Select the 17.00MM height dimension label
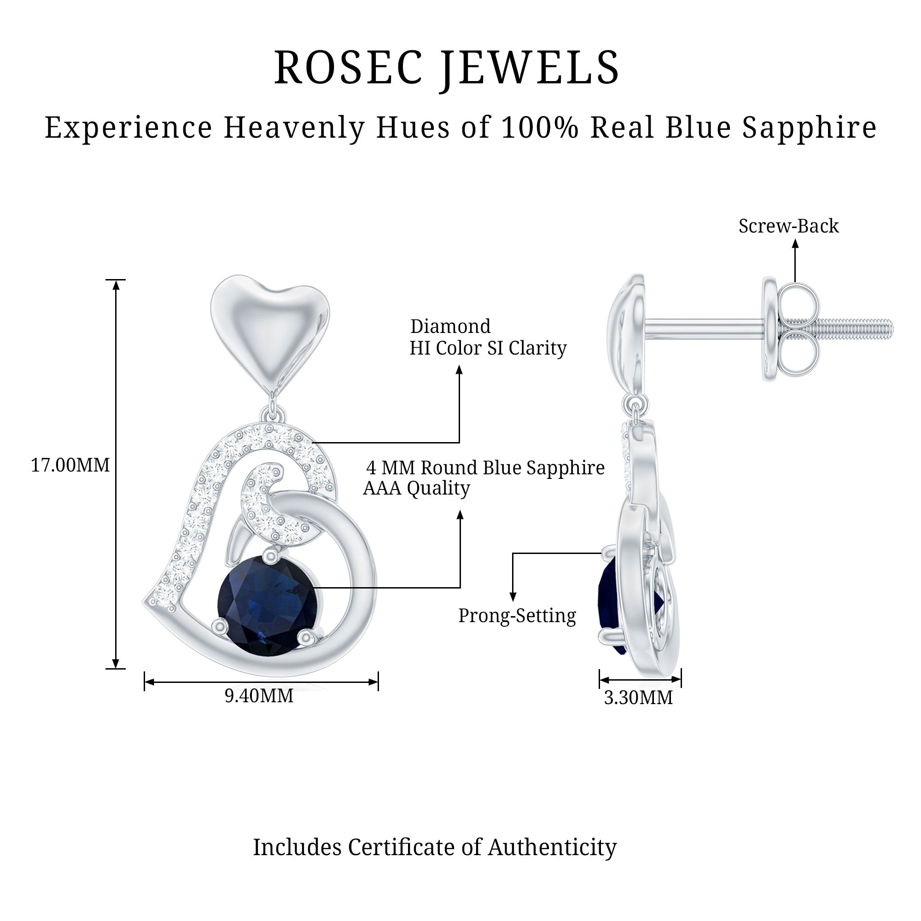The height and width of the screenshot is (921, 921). coord(70,465)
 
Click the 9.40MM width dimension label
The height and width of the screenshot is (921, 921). coord(259,696)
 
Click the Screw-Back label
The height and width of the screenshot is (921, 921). coord(788,227)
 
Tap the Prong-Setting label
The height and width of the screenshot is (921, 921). coord(517,616)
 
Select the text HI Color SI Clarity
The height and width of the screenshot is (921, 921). coord(488,349)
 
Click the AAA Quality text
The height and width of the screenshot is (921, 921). coord(417,488)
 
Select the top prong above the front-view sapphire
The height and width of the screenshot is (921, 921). coord(272,555)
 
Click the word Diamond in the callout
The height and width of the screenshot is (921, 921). coord(450,326)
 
